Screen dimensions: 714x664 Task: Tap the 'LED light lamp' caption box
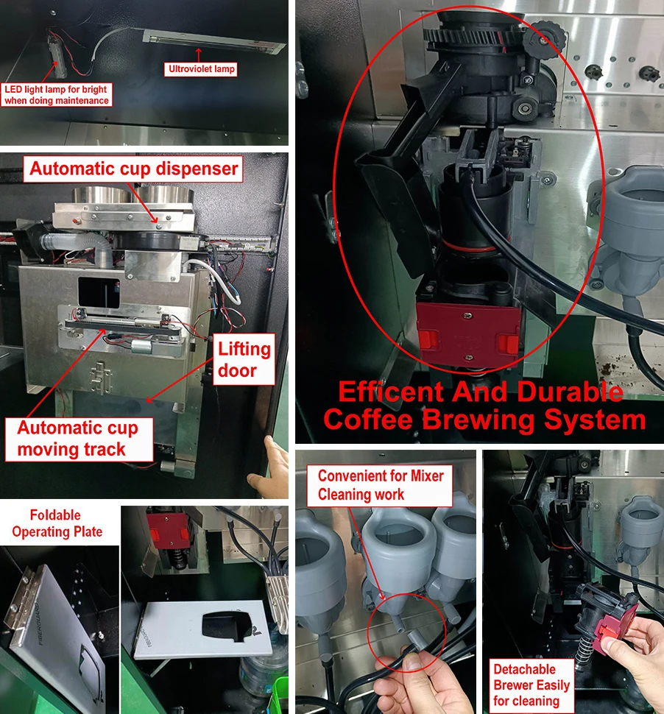coord(57,95)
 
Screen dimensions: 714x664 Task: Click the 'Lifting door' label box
coord(244,359)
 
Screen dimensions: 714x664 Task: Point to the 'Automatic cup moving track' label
coord(72,439)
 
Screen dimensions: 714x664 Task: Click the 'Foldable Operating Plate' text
coord(56,523)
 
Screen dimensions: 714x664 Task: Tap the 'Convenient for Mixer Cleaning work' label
coord(381,486)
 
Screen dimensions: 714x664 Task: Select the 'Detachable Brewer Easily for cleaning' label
coord(531,685)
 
